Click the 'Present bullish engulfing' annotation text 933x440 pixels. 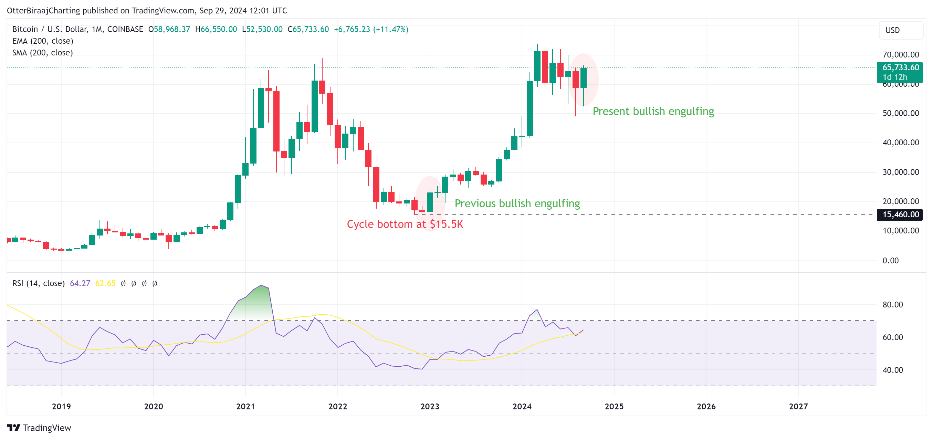[653, 111]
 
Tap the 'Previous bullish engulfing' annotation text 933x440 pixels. [517, 203]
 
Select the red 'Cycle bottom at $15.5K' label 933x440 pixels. [405, 224]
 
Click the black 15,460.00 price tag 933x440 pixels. [900, 214]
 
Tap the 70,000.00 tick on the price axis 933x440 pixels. [900, 55]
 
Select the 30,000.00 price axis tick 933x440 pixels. [900, 172]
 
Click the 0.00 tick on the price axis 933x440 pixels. [890, 260]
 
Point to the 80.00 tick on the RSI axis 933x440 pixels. [892, 305]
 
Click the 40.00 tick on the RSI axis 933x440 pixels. [892, 370]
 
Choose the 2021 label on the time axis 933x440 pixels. [245, 406]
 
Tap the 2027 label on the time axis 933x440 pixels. [798, 406]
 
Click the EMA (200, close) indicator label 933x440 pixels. [43, 41]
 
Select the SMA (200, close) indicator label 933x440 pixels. [42, 53]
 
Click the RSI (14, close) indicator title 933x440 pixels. [39, 283]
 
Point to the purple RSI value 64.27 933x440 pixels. [80, 283]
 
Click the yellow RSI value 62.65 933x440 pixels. [105, 283]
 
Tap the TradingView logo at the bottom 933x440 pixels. [39, 428]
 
